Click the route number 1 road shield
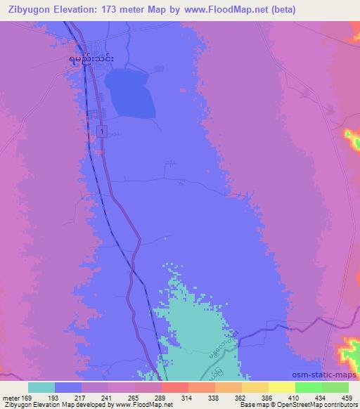(103, 131)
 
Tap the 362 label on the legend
(241, 397)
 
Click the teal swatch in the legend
(41, 387)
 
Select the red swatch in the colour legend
(175, 387)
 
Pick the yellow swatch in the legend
(282, 387)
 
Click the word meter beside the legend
(12, 397)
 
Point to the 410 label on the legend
(295, 397)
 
